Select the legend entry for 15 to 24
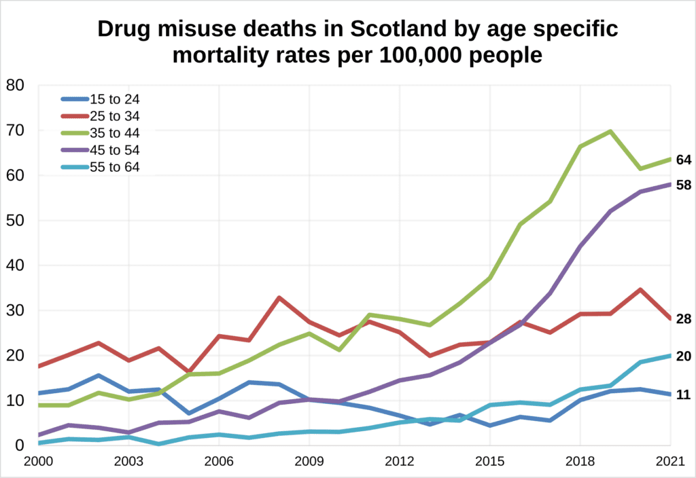point(101,99)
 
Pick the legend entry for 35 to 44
point(101,133)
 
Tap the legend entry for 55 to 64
point(101,167)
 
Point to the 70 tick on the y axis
point(15,130)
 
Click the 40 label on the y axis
point(15,265)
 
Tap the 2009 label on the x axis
point(309,462)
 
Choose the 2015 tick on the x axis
point(490,462)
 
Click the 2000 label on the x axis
point(39,462)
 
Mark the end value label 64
point(684,160)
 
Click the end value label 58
point(684,185)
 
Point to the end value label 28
point(684,319)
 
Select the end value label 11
point(684,394)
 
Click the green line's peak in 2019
point(611,131)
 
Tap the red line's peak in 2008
point(279,297)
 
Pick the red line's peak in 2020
point(640,289)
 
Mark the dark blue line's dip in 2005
point(189,413)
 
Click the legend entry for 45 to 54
point(101,150)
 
